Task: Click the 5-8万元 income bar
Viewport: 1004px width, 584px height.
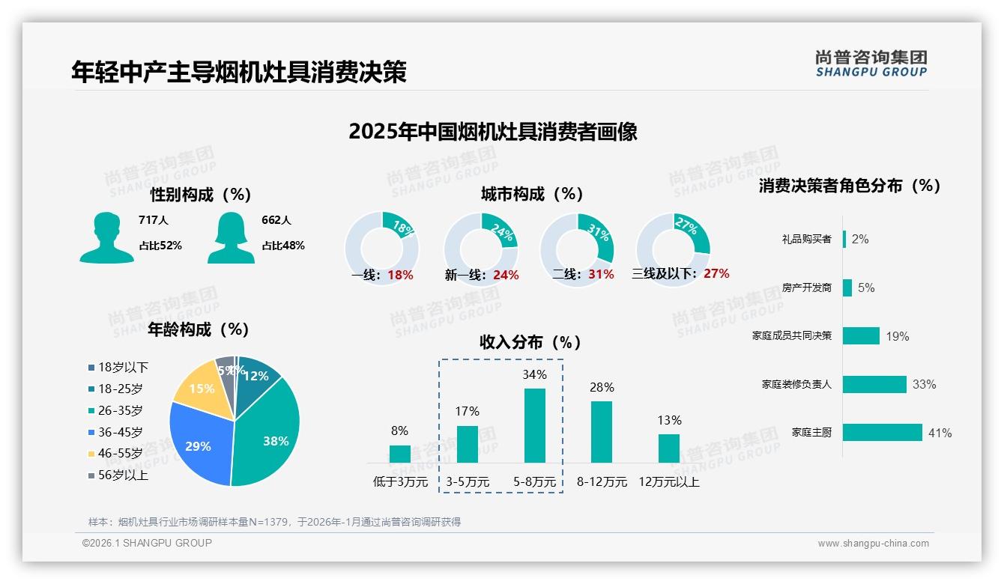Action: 534,425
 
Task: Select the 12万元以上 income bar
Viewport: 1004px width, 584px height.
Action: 668,448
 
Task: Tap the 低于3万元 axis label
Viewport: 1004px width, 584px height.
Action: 400,482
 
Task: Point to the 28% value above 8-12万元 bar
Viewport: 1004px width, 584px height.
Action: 602,388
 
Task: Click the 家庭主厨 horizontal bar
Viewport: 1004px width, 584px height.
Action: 882,433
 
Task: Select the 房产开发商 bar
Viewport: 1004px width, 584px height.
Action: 847,288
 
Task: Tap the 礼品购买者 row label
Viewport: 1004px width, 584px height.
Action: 806,240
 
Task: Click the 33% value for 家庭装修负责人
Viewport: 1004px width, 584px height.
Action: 924,385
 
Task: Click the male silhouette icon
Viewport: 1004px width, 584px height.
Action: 106,237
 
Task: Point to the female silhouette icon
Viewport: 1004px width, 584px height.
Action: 231,237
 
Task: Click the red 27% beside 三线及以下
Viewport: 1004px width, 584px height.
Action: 716,274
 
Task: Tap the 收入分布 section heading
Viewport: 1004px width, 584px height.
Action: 530,342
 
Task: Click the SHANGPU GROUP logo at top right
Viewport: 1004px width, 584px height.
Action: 871,63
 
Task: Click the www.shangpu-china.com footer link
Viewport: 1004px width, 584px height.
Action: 873,544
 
